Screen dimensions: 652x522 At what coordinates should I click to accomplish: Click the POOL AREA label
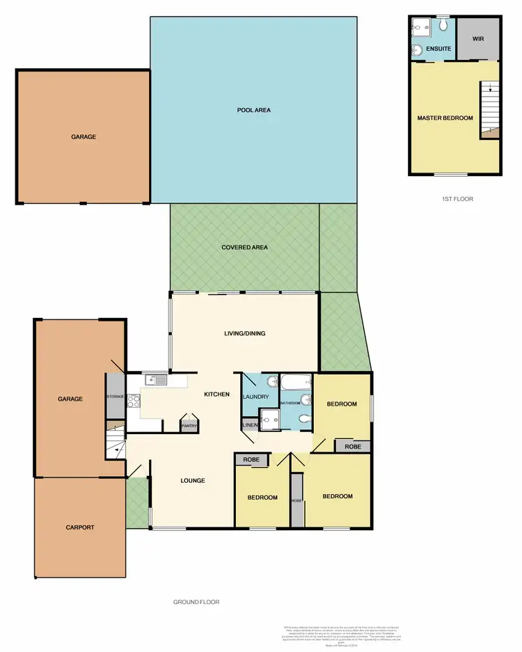(x=253, y=110)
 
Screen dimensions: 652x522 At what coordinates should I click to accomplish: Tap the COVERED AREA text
(x=244, y=248)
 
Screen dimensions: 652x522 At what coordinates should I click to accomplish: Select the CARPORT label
(x=80, y=527)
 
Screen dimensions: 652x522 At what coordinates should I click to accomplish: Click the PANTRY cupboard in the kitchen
(x=189, y=426)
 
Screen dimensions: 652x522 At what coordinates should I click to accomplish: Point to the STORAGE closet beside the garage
(x=115, y=397)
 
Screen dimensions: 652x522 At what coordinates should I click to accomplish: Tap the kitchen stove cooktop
(x=134, y=401)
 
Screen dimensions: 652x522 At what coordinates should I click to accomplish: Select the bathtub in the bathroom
(x=295, y=382)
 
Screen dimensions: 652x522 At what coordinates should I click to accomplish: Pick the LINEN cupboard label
(x=248, y=424)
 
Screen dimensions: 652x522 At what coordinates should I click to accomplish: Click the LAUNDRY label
(x=255, y=397)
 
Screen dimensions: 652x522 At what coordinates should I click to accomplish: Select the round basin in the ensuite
(x=417, y=49)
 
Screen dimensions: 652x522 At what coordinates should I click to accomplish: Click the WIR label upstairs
(x=478, y=39)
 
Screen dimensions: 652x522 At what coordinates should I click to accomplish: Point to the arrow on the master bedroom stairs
(x=490, y=88)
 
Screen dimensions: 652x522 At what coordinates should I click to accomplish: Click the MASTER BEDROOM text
(x=445, y=118)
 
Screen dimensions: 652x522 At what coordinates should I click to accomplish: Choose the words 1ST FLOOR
(x=457, y=199)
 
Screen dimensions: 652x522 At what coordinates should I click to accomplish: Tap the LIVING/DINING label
(x=244, y=333)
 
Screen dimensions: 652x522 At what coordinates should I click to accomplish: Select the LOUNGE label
(x=192, y=480)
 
